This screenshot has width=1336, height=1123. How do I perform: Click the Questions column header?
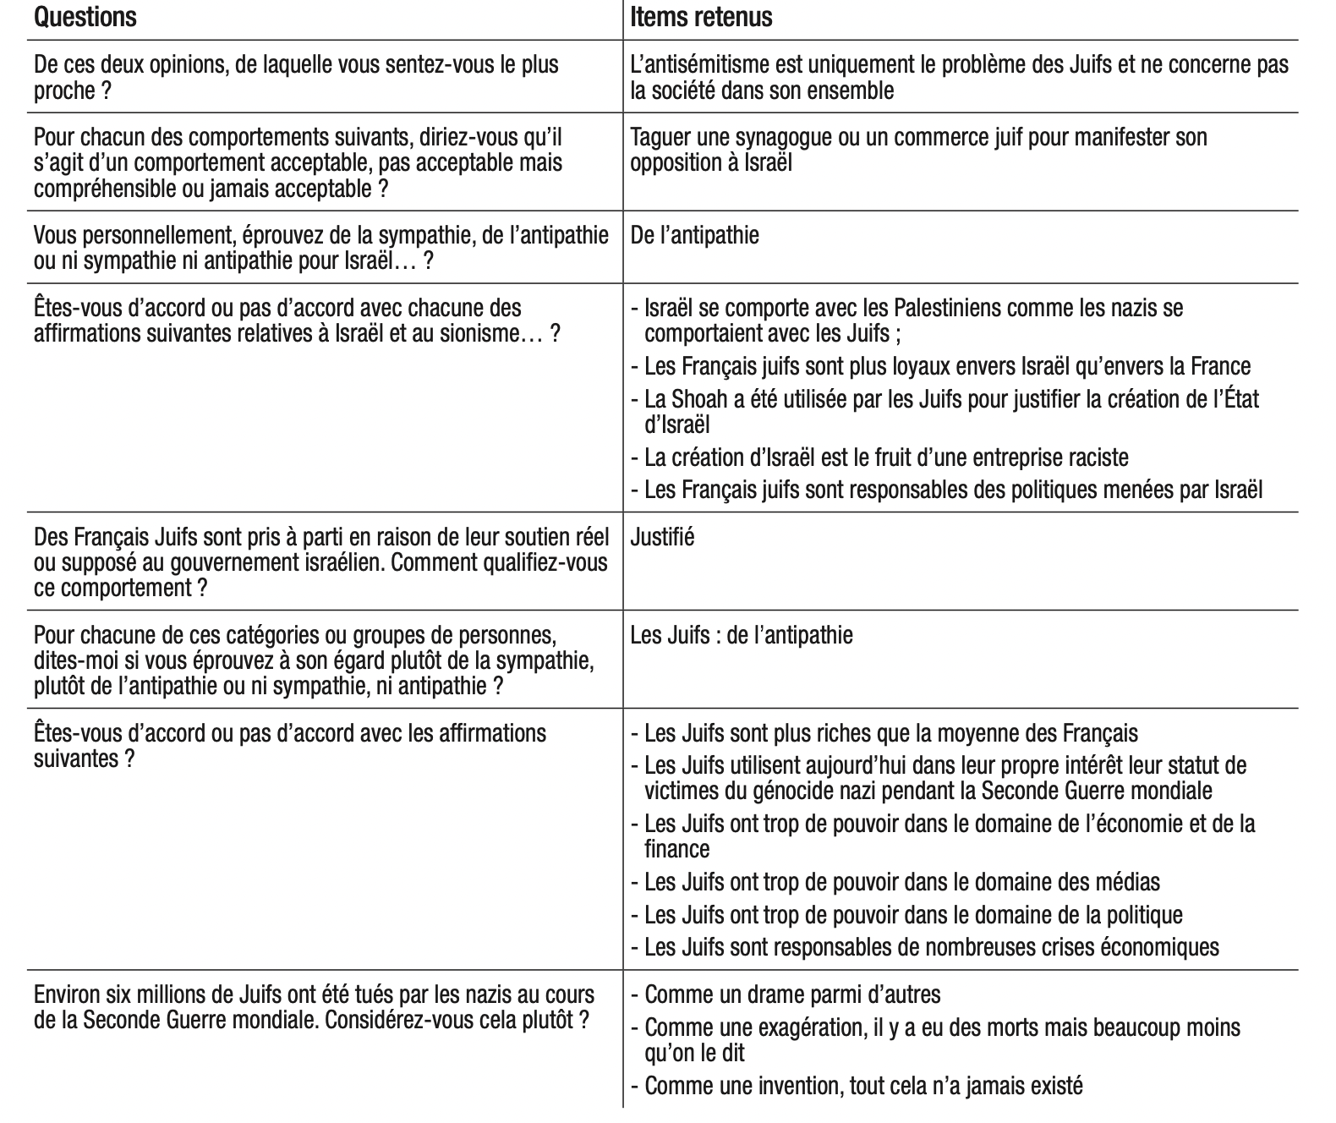click(x=85, y=17)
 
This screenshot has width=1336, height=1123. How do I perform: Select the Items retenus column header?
click(x=701, y=17)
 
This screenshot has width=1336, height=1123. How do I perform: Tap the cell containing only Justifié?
click(x=663, y=537)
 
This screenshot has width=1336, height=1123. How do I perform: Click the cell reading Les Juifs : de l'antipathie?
click(x=742, y=635)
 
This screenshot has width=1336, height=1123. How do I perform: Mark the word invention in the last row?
click(x=780, y=1085)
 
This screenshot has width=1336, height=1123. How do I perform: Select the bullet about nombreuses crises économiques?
click(x=930, y=946)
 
